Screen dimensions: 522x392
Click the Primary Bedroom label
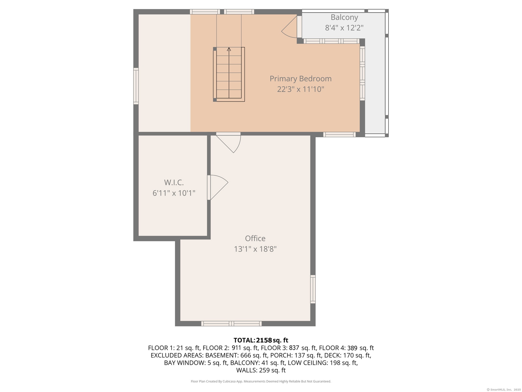[300, 79]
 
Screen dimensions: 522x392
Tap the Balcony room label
[344, 17]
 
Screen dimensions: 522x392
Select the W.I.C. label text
[174, 182]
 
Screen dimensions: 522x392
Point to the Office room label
[255, 238]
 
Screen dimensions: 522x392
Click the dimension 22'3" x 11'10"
[300, 89]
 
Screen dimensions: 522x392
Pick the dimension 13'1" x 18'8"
[255, 249]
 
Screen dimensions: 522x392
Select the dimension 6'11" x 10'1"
[174, 193]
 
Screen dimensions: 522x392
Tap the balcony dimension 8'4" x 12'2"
[344, 28]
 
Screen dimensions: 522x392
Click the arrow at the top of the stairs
[229, 49]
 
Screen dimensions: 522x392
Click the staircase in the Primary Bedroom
[229, 74]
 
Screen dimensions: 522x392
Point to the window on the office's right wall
[313, 289]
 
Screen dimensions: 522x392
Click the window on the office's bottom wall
[231, 323]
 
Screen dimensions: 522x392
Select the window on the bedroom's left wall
[136, 86]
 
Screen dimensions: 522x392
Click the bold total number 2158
[264, 340]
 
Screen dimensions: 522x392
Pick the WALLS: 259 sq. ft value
[261, 370]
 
